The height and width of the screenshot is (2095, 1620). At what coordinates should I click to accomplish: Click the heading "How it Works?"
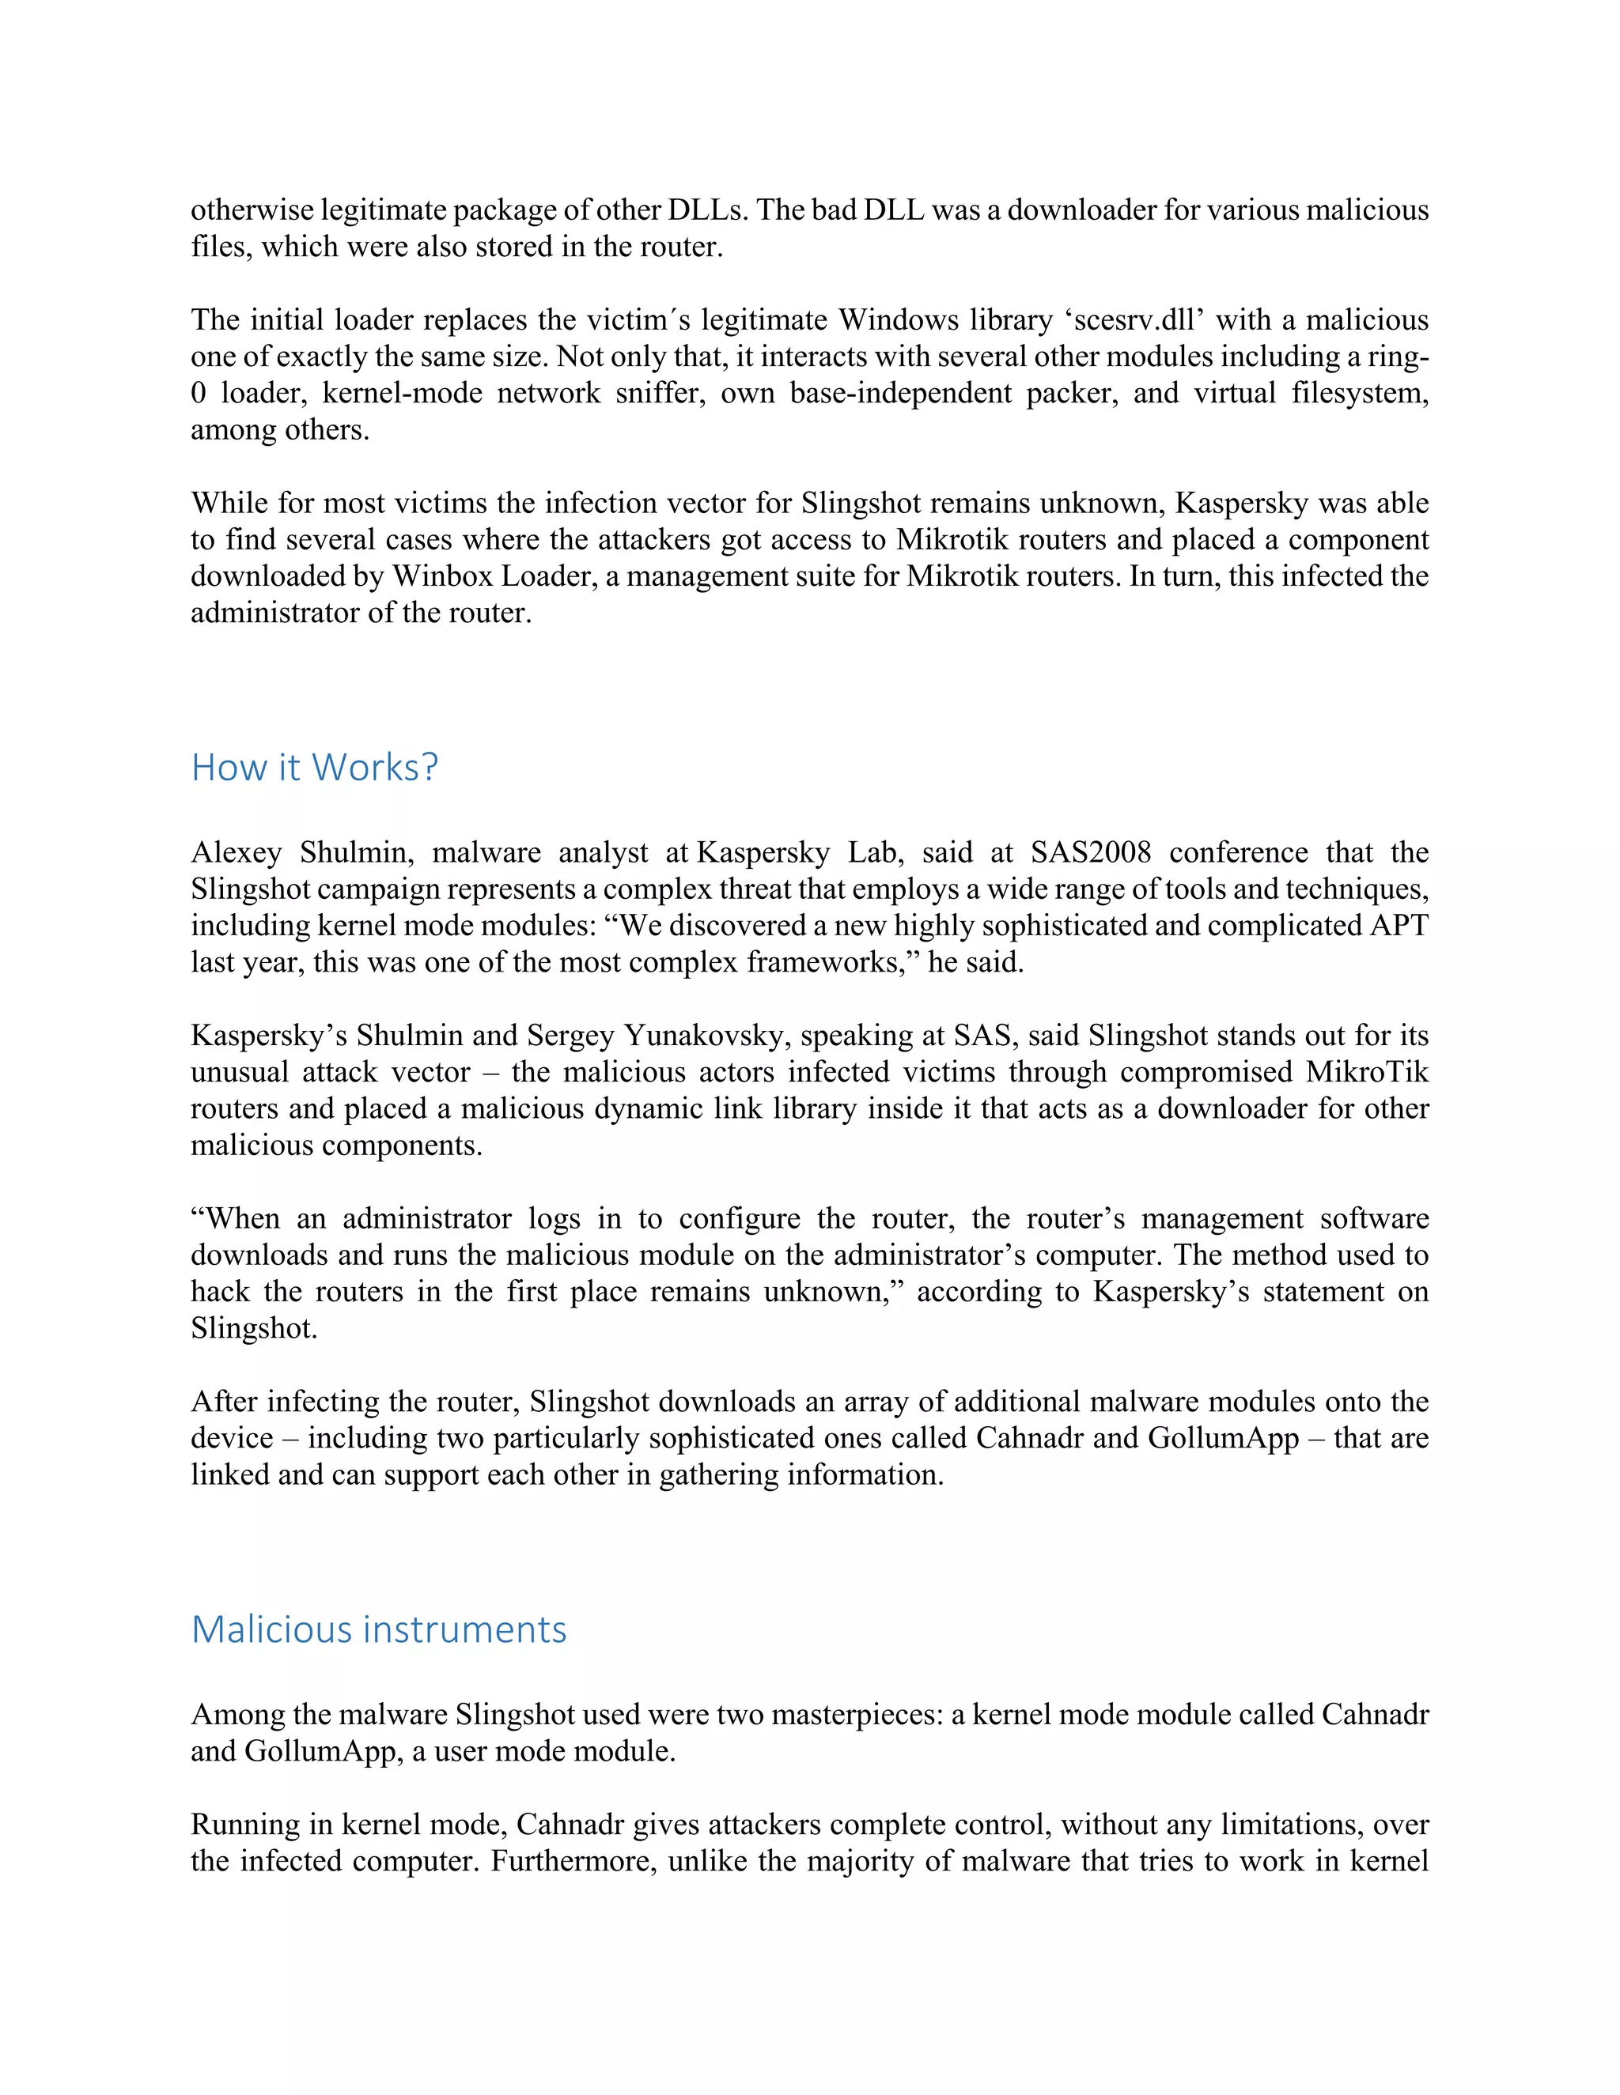pos(315,768)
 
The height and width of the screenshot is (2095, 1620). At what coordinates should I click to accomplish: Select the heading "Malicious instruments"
pos(379,1630)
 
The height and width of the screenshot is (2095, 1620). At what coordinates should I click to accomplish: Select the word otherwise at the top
pos(252,209)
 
